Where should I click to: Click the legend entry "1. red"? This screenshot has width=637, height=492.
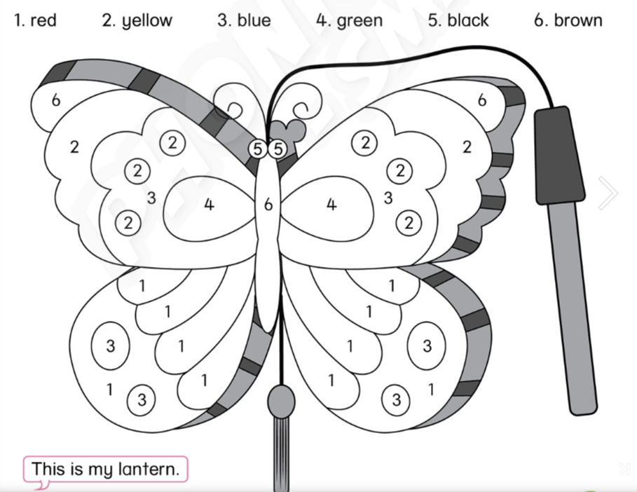coord(35,20)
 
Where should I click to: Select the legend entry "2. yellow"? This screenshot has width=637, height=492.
coord(137,20)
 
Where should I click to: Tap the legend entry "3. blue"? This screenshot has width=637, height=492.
coord(243,20)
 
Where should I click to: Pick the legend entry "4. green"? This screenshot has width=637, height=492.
coord(349,20)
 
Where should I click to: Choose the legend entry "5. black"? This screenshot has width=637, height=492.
coord(458,20)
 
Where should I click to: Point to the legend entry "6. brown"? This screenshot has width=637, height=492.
coord(568,20)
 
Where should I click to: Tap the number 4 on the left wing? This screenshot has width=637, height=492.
coord(208,205)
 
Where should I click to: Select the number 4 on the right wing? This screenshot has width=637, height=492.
coord(331,205)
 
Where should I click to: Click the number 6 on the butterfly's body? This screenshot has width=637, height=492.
coord(268,205)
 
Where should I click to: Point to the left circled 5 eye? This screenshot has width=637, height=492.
coord(258,149)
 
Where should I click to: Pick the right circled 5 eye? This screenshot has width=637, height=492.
coord(278,149)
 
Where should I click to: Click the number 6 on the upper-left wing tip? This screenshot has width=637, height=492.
coord(56,100)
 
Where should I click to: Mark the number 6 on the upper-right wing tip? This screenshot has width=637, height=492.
coord(482,100)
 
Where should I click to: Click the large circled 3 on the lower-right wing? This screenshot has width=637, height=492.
coord(427,346)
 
